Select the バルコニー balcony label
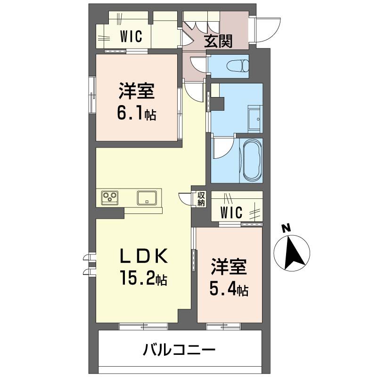coord(180,351)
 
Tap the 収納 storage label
coord(201,199)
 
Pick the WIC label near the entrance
coord(131,36)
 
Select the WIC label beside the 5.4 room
coord(231,213)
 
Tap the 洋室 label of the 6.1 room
coord(137,91)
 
